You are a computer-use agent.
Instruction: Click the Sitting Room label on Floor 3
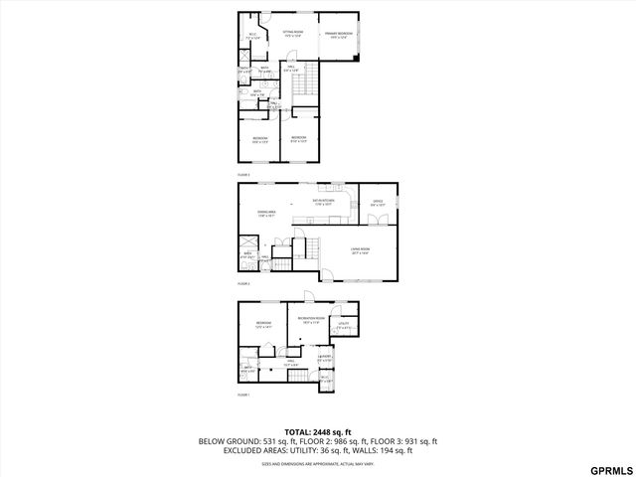(x=292, y=33)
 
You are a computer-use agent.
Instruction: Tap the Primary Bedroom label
(x=339, y=35)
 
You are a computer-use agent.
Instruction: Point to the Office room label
(x=378, y=203)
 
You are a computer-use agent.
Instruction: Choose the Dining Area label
(x=267, y=214)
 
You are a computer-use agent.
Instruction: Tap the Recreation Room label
(x=311, y=319)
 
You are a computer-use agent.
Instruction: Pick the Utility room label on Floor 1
(x=343, y=325)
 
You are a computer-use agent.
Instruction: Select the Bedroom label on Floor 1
(x=262, y=325)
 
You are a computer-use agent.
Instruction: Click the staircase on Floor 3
(x=304, y=87)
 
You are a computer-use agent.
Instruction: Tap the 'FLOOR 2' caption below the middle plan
(x=242, y=283)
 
